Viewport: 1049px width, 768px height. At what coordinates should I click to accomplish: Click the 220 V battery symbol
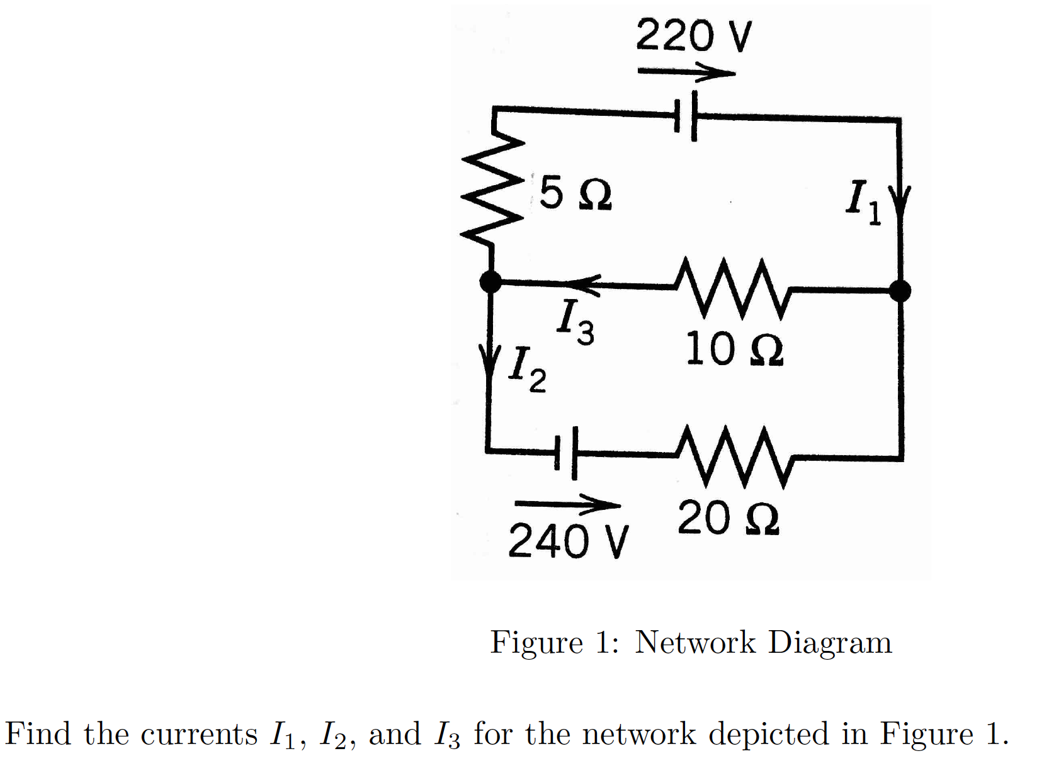(685, 116)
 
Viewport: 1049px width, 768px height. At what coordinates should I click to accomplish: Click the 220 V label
(693, 36)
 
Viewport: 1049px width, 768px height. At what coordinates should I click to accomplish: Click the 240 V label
(567, 541)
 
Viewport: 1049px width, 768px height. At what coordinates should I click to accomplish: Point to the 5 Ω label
(575, 193)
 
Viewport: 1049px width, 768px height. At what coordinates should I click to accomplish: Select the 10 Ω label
(734, 349)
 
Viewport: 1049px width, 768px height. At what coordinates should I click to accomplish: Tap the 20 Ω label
(729, 519)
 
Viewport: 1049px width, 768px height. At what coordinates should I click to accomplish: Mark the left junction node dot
(490, 281)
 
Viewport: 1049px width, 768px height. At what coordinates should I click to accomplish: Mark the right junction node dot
(899, 291)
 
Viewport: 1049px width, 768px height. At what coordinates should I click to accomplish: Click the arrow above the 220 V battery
(686, 72)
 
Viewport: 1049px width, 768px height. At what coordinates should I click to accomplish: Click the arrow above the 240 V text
(567, 504)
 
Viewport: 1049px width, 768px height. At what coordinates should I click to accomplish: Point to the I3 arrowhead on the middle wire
(583, 284)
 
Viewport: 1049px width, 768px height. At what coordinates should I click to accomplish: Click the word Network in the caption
(695, 643)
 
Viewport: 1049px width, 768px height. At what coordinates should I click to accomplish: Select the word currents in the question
(199, 734)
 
